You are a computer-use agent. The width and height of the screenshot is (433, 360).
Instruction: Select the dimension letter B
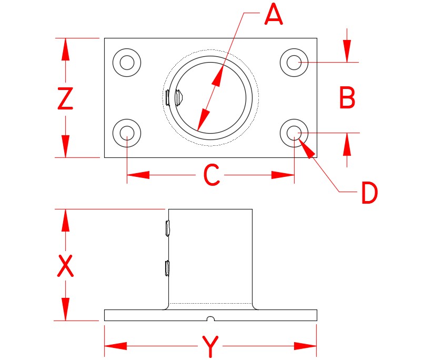tap(347, 98)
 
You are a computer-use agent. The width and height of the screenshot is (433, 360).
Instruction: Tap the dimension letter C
tap(211, 175)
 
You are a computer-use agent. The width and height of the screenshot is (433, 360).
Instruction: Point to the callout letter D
tap(369, 193)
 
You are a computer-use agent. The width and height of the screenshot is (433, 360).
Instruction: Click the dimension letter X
tap(65, 267)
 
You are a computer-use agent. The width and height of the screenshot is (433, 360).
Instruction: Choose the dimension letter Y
tap(210, 347)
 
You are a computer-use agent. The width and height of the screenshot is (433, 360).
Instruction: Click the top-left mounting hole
tap(127, 63)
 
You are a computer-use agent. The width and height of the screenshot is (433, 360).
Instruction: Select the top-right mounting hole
tap(294, 63)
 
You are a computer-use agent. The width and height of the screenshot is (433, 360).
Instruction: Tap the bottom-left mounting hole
tap(127, 133)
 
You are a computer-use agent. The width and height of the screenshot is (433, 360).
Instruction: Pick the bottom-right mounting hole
tap(294, 133)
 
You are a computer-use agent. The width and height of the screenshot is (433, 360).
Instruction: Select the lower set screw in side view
tap(167, 268)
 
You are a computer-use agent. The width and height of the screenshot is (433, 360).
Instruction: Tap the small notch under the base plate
tap(210, 319)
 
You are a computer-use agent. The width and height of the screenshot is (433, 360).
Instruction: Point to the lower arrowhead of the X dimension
tap(65, 309)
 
